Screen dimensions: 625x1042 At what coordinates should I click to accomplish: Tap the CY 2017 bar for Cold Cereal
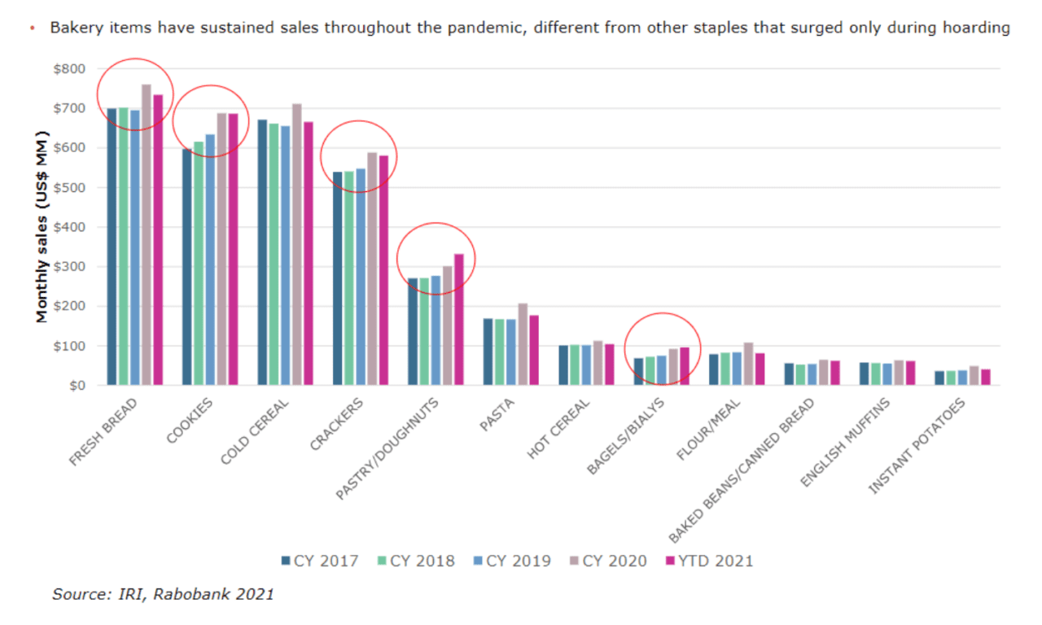coord(262,252)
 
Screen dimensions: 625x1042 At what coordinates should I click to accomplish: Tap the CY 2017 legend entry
coord(319,561)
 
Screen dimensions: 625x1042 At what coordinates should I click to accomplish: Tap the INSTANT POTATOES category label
coord(917,447)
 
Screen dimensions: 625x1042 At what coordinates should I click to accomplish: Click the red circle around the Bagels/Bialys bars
coord(663,314)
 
